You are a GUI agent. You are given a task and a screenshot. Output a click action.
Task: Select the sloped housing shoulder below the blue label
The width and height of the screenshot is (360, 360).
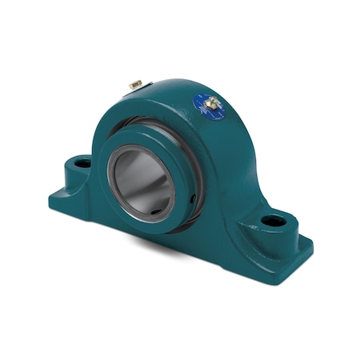click(x=232, y=160)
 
